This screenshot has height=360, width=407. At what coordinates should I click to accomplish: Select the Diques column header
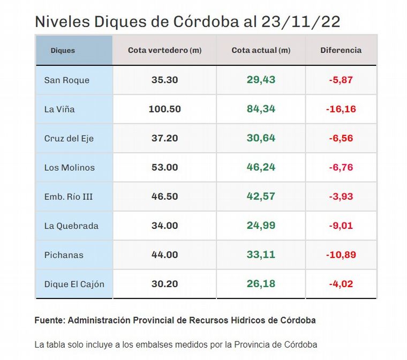63,50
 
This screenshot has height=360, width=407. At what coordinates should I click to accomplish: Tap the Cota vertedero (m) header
164,50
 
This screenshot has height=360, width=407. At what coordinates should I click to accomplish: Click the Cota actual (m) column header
261,50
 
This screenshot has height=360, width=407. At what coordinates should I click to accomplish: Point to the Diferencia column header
341,50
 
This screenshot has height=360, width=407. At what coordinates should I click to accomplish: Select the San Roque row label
67,80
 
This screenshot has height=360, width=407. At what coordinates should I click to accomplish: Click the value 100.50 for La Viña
164,109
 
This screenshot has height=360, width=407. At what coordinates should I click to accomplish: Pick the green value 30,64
261,138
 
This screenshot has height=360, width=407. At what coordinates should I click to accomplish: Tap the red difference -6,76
341,167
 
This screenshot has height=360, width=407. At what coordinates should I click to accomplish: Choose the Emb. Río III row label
69,197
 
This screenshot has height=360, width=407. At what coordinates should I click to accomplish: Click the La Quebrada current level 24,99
261,226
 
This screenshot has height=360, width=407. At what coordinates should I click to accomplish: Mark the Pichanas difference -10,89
341,255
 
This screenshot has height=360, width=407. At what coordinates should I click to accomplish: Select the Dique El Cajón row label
74,284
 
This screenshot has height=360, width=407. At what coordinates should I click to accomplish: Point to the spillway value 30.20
164,284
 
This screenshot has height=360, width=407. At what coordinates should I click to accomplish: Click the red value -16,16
341,109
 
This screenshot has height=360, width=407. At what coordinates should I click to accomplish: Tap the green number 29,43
261,80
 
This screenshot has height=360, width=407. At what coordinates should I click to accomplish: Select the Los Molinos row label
69,167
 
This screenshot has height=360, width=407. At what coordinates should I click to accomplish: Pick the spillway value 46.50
164,197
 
